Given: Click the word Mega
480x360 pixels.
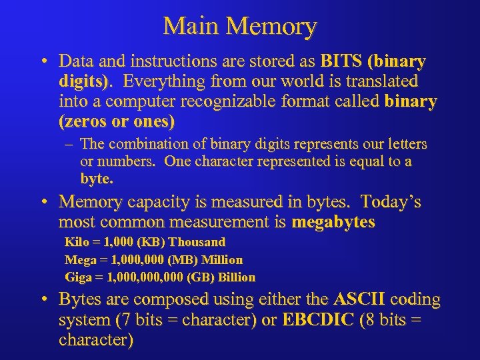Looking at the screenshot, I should point(78,259).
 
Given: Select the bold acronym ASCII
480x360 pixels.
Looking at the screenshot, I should point(359,301).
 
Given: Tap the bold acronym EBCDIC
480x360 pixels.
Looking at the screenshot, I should point(319,321).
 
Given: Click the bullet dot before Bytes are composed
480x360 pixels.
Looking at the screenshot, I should point(42,301).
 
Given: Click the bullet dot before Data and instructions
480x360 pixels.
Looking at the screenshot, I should point(42,62).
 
